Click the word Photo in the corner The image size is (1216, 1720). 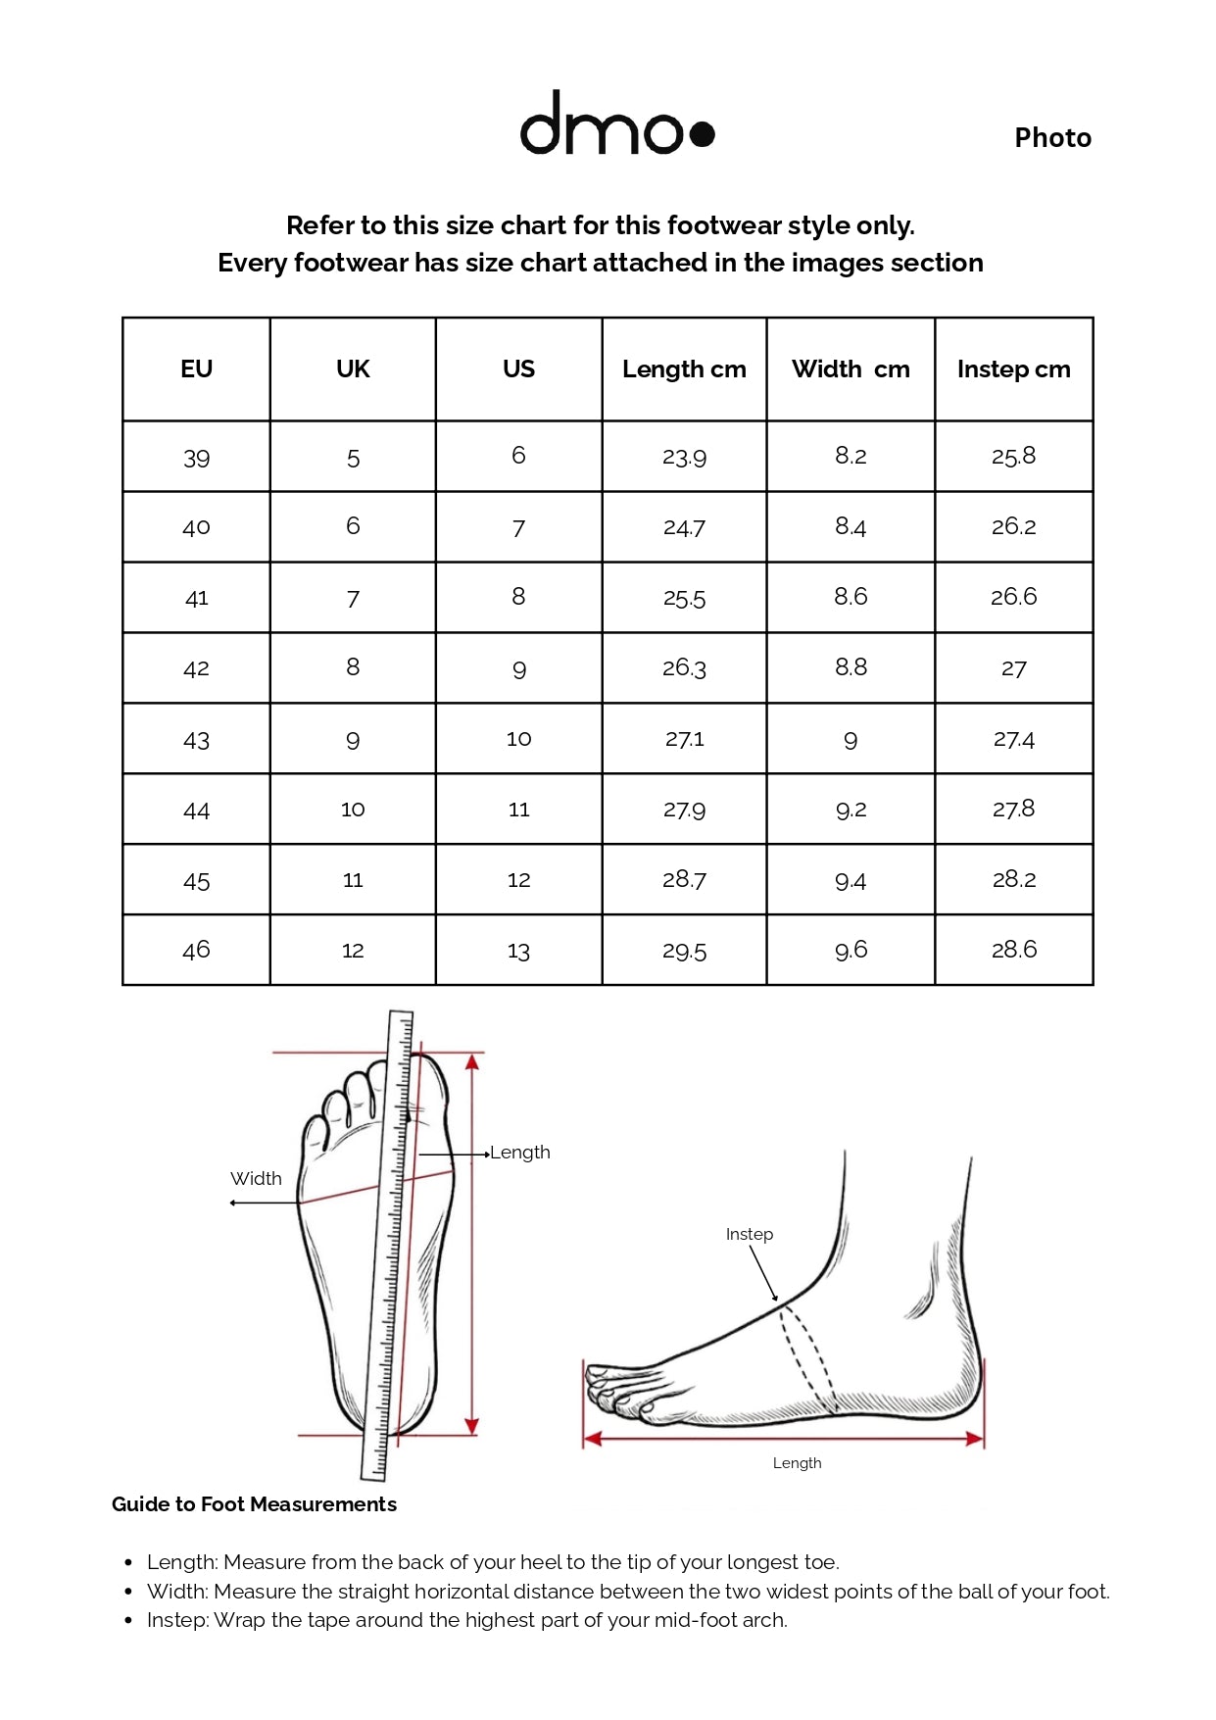coord(1052,137)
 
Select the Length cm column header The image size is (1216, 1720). coord(684,369)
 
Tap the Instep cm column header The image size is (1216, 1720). coord(1013,369)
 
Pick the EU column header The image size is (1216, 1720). coord(196,369)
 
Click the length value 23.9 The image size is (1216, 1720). coord(684,457)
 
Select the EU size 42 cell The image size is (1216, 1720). coord(196,668)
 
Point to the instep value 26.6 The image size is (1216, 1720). coord(1013,596)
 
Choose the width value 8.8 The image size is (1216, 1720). coord(851,666)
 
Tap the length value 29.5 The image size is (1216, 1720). coord(684,950)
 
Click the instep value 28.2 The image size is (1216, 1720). coord(1013,878)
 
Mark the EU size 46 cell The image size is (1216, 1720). coord(196,949)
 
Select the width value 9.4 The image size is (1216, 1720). coord(851,880)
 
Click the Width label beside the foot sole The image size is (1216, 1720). coord(256,1178)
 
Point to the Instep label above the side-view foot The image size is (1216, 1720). coord(750,1234)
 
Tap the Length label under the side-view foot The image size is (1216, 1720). coord(797,1463)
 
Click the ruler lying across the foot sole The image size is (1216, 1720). coord(388,1245)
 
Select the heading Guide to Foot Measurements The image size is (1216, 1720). coord(254,1504)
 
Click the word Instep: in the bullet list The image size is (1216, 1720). coord(177,1620)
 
